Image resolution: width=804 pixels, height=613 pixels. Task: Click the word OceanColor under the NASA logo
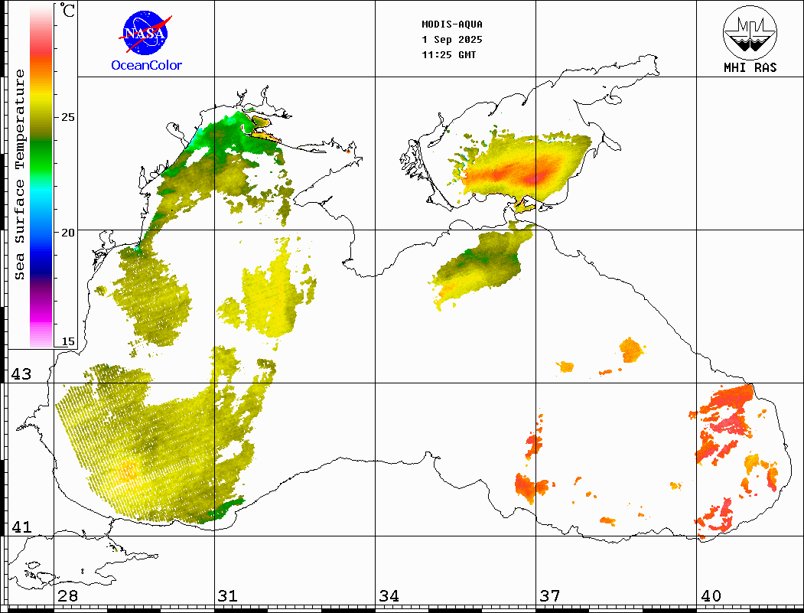(147, 66)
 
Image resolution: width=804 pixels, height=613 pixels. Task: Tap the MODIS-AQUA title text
(452, 24)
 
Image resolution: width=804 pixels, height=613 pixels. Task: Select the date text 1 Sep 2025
(452, 39)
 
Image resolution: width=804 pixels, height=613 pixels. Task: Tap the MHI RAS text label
(750, 68)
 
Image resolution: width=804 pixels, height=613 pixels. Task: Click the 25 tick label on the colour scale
(68, 117)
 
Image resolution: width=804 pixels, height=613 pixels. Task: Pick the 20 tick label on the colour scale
(68, 232)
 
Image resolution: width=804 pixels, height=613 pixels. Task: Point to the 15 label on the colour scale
(68, 341)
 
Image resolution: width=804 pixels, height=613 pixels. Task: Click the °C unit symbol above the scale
(68, 11)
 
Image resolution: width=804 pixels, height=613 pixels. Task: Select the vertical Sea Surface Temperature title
(20, 174)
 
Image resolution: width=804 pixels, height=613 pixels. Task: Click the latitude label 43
(21, 374)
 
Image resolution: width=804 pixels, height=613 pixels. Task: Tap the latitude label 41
(21, 527)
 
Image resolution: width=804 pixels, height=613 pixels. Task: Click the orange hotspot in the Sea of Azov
(539, 176)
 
